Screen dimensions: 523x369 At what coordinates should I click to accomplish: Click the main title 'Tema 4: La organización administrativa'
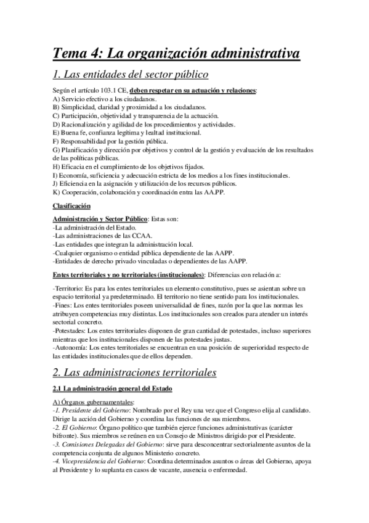[x=177, y=54]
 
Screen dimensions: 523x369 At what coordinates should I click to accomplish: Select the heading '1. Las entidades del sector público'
[x=131, y=76]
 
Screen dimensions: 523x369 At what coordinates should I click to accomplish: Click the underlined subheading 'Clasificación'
[x=71, y=205]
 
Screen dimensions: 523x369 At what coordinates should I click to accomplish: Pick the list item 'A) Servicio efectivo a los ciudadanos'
[x=105, y=99]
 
